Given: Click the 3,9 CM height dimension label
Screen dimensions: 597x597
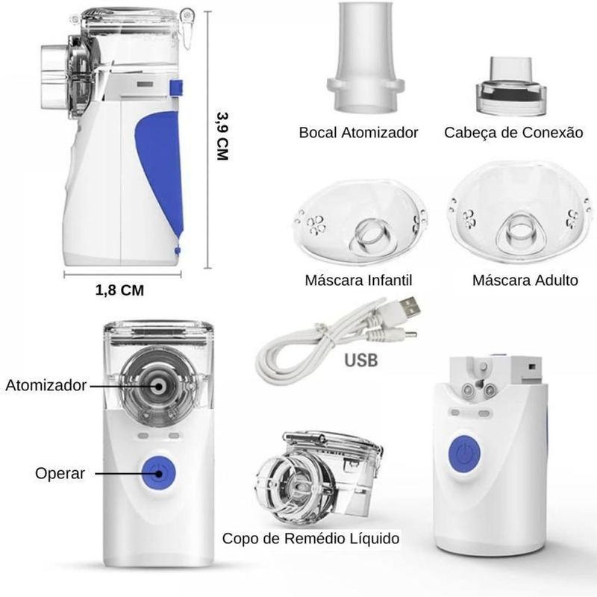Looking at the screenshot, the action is tap(222, 136).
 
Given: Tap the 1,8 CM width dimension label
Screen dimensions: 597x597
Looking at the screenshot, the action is tap(119, 290).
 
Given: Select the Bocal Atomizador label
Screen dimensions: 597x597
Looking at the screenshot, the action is tap(358, 133).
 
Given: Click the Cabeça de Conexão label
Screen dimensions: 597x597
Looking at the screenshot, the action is tap(513, 133).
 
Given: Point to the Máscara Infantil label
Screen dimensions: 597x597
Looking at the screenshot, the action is tap(358, 281).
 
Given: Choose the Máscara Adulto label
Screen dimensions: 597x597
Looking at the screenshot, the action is tap(525, 281).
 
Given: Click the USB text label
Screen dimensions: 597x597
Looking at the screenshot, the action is tap(360, 360).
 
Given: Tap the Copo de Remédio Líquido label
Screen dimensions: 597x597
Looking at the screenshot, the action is tap(310, 538).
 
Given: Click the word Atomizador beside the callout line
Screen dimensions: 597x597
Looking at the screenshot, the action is tap(46, 385).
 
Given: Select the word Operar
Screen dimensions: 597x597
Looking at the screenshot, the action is tap(60, 473).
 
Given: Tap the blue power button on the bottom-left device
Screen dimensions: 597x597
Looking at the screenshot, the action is tap(158, 473).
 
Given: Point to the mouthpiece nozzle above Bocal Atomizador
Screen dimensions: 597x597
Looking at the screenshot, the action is tap(366, 58).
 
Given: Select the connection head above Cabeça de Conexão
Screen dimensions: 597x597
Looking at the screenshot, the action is tap(511, 86).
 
